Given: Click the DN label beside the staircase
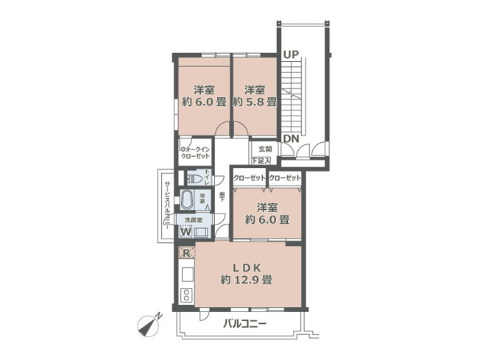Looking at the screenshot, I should tap(291, 138).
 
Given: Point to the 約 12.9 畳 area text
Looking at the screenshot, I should tap(247, 280).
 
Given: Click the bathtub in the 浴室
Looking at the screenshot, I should tap(187, 200).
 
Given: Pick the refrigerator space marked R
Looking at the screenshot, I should tap(187, 254).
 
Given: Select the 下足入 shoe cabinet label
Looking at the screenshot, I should tap(261, 160).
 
